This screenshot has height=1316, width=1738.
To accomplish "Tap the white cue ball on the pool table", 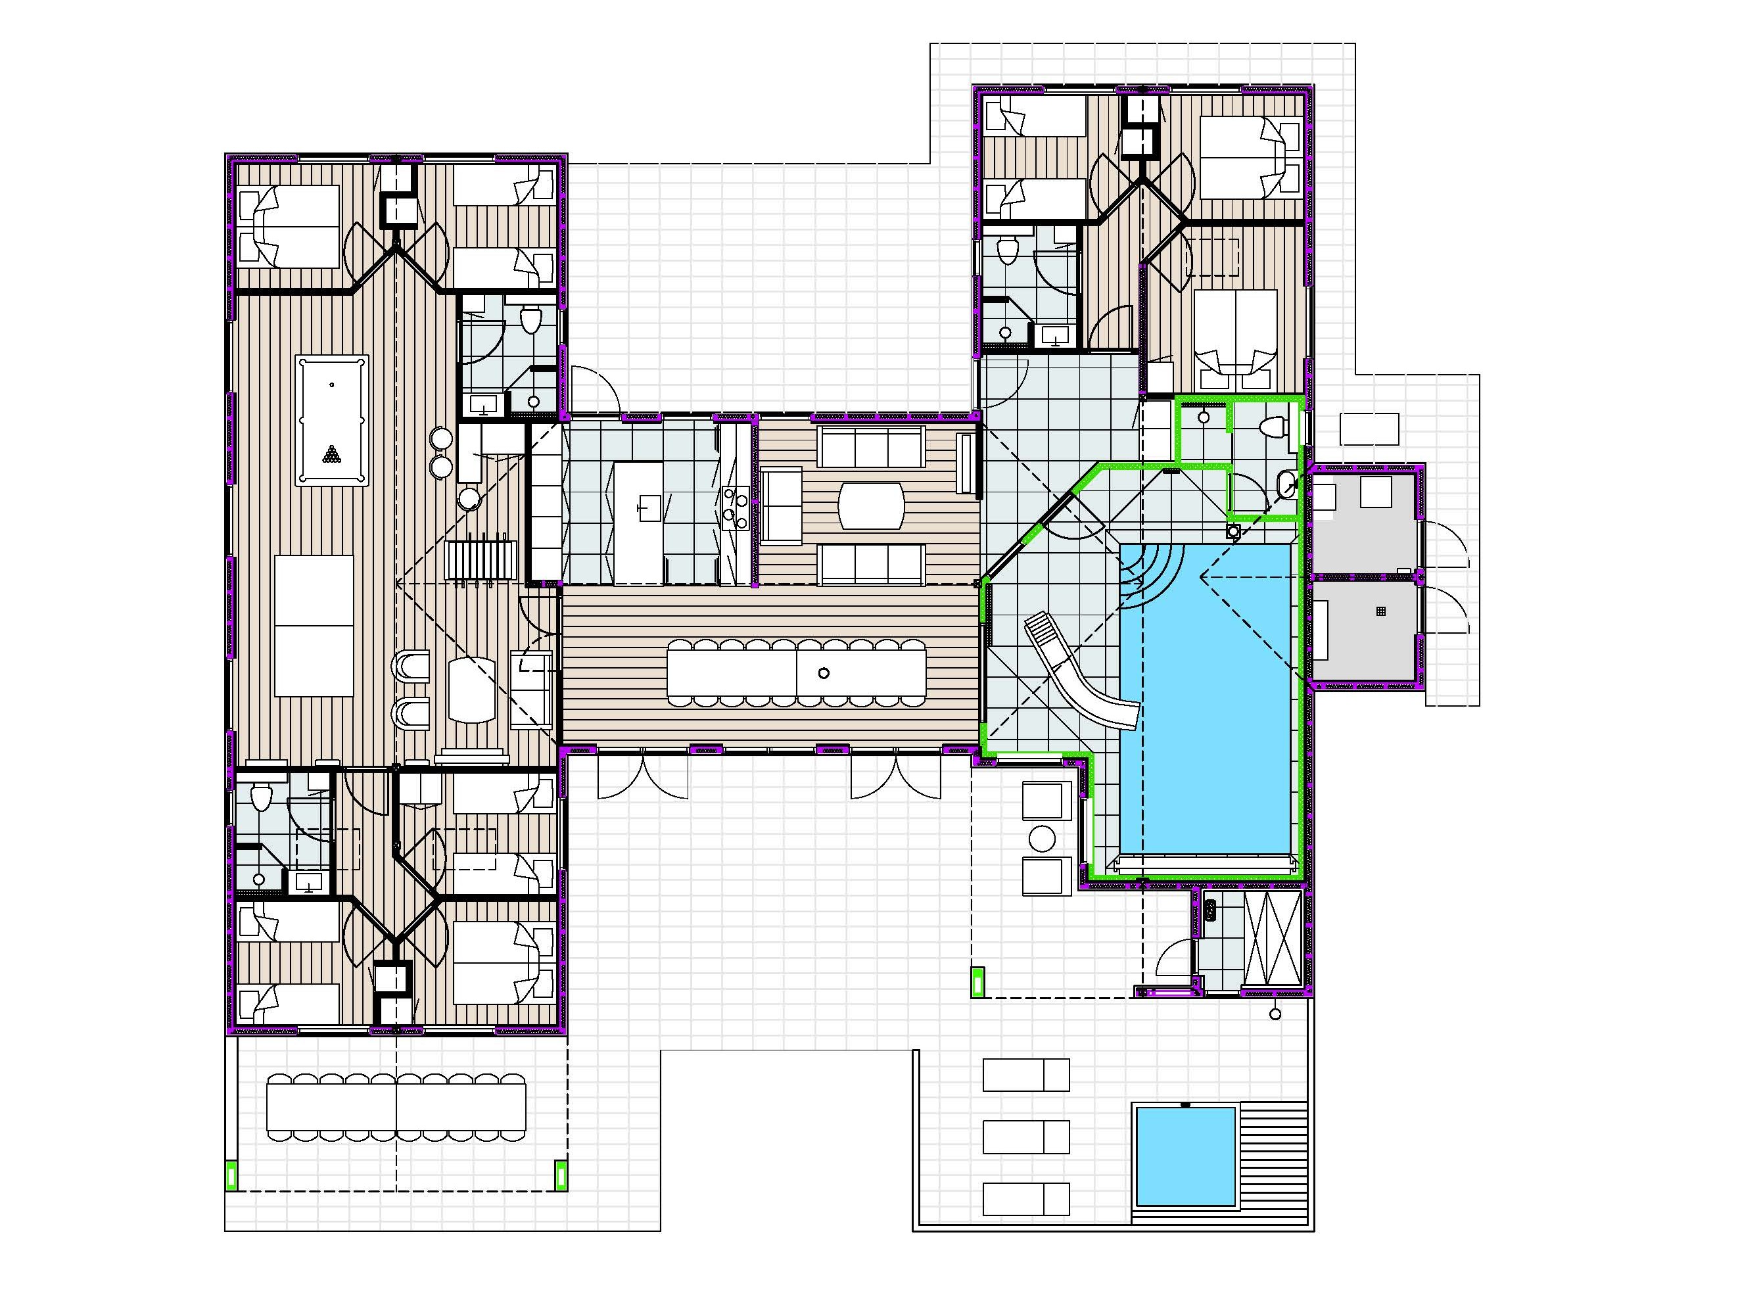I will (x=331, y=385).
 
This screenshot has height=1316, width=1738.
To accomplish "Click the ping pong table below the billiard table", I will (x=314, y=625).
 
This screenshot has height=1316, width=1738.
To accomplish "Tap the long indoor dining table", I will (x=796, y=672).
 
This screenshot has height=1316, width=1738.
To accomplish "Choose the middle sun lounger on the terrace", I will (x=1025, y=1137).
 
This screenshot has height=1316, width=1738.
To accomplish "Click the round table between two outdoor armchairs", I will (x=1042, y=838).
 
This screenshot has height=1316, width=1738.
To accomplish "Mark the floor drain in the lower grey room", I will (x=1380, y=611).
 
